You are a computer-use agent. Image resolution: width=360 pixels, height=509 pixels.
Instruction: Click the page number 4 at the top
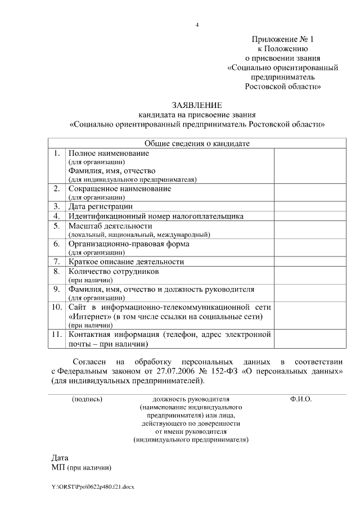pyautogui.click(x=197, y=25)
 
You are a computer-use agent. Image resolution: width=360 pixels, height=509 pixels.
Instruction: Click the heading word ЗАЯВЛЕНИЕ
pyautogui.click(x=197, y=105)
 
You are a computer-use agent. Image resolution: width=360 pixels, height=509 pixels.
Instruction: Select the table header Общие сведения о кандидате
pyautogui.click(x=197, y=143)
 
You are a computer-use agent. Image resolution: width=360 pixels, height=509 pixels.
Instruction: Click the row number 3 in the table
pyautogui.click(x=57, y=206)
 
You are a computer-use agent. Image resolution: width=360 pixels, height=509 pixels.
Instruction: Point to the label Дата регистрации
pyautogui.click(x=100, y=206)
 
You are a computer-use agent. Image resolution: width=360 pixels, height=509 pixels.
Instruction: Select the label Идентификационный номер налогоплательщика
pyautogui.click(x=156, y=215)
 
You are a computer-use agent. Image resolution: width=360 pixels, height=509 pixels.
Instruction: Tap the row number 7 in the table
pyautogui.click(x=57, y=262)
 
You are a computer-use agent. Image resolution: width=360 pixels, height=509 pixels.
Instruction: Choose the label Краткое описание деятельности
pyautogui.click(x=126, y=262)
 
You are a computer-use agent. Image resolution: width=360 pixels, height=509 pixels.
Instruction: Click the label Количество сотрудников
pyautogui.click(x=113, y=271)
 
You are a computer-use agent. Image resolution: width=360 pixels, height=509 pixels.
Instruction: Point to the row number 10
pyautogui.click(x=57, y=308)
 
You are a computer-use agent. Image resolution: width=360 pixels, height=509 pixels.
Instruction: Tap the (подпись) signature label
pyautogui.click(x=87, y=399)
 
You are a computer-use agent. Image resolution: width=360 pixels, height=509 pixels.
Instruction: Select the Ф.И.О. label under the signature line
pyautogui.click(x=301, y=399)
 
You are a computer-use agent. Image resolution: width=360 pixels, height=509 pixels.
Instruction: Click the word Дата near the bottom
pyautogui.click(x=60, y=458)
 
